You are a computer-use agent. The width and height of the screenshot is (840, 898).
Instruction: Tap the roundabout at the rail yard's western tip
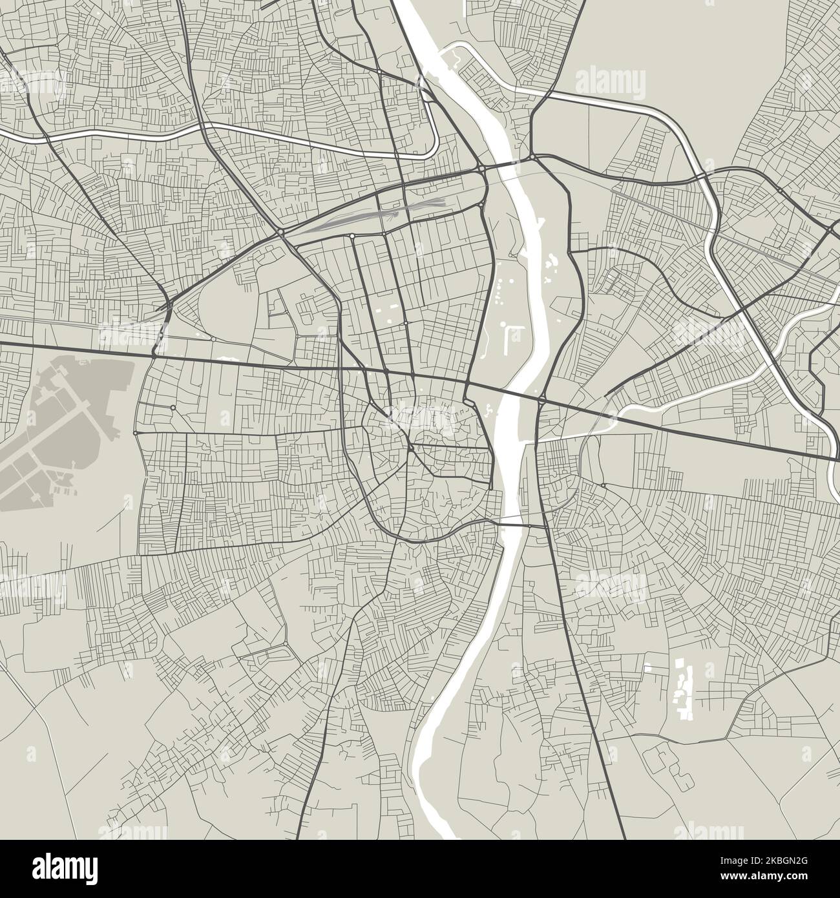[282, 231]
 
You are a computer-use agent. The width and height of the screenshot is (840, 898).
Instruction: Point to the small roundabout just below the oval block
[213, 339]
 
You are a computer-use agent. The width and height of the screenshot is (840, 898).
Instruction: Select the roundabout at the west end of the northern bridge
[483, 169]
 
